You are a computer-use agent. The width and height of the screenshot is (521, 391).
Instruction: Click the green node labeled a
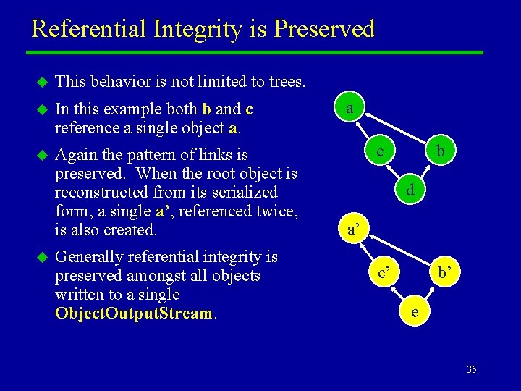[x=350, y=109]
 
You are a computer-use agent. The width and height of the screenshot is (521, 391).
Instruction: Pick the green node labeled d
[x=410, y=191]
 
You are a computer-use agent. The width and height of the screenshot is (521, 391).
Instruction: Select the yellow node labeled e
[x=413, y=312]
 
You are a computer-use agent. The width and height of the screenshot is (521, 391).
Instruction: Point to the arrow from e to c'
[x=399, y=293]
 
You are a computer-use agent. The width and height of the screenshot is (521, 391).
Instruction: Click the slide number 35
[x=471, y=370]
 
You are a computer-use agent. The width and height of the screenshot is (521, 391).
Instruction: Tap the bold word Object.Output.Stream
[x=134, y=314]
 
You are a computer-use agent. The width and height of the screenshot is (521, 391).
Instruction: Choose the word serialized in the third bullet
[x=241, y=193]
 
